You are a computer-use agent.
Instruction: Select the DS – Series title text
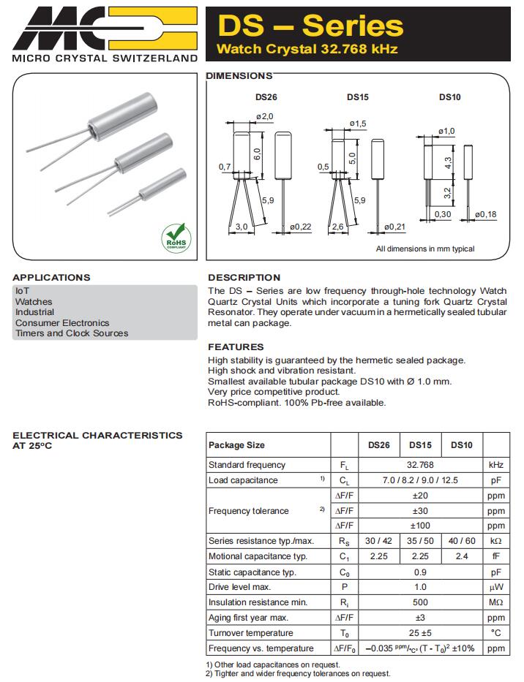click(310, 26)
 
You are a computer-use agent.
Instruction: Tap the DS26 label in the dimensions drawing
click(266, 97)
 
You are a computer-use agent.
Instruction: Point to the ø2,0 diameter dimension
click(265, 117)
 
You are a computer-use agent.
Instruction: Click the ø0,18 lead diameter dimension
click(485, 214)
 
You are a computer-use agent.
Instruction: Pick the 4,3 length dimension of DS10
click(448, 161)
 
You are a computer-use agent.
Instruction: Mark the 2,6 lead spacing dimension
click(337, 227)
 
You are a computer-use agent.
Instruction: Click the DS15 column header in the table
click(420, 444)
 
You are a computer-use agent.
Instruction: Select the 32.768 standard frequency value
click(420, 465)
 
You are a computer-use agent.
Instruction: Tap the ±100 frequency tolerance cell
click(420, 526)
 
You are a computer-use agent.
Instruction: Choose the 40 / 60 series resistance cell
click(462, 541)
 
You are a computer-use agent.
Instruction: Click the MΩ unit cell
click(496, 602)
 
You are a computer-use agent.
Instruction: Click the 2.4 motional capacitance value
click(462, 556)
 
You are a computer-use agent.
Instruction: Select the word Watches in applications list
click(34, 301)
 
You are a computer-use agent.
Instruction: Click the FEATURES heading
click(236, 346)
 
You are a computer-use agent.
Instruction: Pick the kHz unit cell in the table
click(496, 465)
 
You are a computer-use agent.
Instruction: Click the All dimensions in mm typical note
click(424, 249)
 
